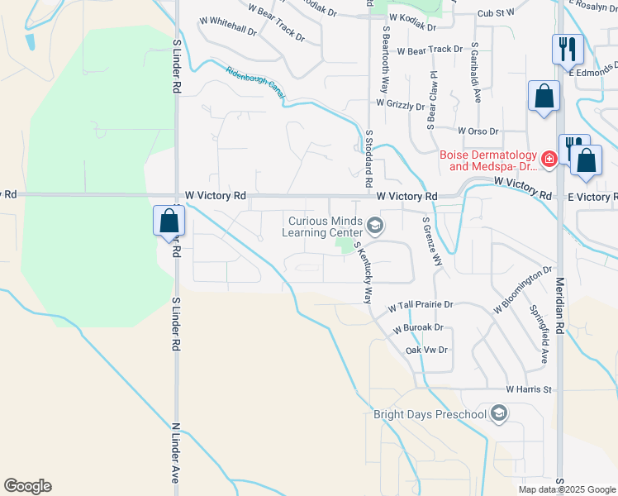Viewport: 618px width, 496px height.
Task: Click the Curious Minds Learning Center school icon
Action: [x=375, y=226]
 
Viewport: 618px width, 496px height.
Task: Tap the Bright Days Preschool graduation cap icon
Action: [x=498, y=413]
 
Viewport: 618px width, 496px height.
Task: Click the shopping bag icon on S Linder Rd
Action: [x=169, y=222]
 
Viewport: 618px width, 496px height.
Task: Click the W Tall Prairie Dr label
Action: [x=421, y=305]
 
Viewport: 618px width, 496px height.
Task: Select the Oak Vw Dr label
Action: [x=426, y=351]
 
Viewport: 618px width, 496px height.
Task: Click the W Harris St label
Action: [x=529, y=389]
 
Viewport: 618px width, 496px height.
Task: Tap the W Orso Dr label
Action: [x=478, y=131]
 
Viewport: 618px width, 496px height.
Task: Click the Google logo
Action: [x=27, y=486]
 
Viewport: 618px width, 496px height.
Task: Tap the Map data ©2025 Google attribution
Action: [x=566, y=489]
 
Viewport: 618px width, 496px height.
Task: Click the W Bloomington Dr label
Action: [x=523, y=289]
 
